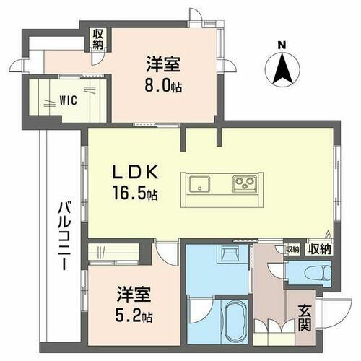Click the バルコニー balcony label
(x=63, y=235)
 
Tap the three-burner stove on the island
(x=243, y=185)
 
